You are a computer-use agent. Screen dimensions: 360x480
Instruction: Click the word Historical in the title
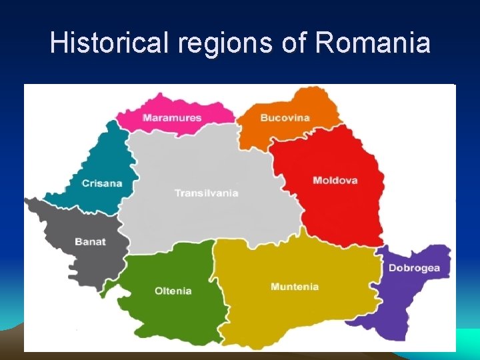[110, 43]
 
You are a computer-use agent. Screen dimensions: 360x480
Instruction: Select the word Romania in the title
[373, 43]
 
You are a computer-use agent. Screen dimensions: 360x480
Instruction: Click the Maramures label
[171, 118]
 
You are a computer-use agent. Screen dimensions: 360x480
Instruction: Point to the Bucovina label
[285, 118]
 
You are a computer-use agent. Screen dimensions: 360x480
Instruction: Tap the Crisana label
[102, 183]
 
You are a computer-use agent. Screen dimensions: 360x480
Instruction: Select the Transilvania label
[206, 193]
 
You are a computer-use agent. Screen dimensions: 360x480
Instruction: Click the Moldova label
[335, 180]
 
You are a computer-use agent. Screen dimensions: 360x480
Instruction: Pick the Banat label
[90, 242]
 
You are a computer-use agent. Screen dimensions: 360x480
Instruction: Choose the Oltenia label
[173, 291]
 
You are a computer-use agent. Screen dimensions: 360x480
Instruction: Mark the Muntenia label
[294, 287]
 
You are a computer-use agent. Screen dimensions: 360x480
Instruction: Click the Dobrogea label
[414, 268]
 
